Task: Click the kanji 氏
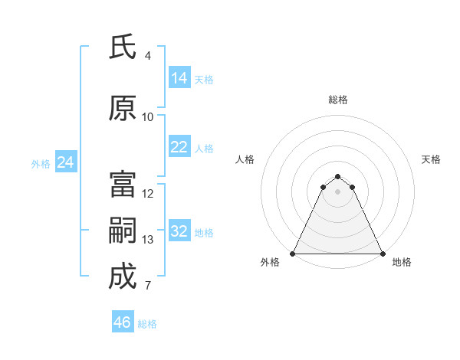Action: pos(122,48)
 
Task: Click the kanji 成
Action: pos(122,277)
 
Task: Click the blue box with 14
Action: pos(179,78)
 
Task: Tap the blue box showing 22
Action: pos(179,147)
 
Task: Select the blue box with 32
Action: pos(179,231)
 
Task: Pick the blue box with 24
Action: pos(65,162)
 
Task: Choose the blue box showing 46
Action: pos(123,322)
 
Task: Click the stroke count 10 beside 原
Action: pos(148,117)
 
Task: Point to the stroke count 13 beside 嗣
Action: pos(148,240)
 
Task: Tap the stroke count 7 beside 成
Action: pos(148,286)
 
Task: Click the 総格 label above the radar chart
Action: pos(338,100)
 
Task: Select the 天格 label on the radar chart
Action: pos(432,159)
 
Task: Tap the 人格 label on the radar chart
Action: pos(245,159)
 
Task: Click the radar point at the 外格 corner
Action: pos(293,254)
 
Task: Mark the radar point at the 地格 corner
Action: pos(383,254)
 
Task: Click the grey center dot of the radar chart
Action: pos(338,191)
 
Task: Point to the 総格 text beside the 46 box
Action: pos(147,324)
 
